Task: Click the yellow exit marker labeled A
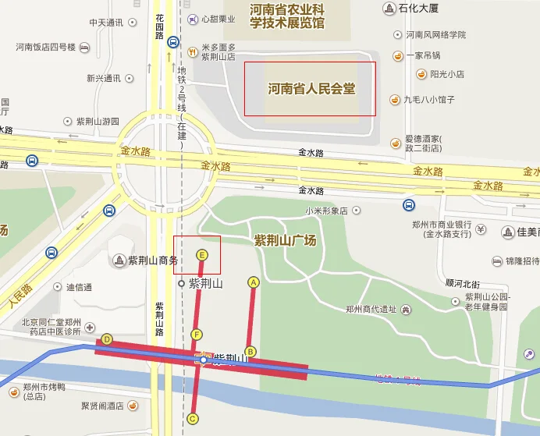(253, 282)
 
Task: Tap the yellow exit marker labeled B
(250, 352)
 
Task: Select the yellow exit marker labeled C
(193, 419)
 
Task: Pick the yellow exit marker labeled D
(107, 339)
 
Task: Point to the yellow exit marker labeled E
(202, 255)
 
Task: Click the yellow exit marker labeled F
(197, 335)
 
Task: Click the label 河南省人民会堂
(311, 89)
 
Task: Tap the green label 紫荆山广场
(285, 241)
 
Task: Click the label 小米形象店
(327, 211)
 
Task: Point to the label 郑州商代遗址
(372, 309)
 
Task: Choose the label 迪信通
(79, 287)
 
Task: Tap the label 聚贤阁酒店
(102, 406)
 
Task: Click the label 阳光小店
(447, 74)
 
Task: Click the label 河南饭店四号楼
(45, 47)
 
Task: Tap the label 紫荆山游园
(98, 122)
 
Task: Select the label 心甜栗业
(218, 19)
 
